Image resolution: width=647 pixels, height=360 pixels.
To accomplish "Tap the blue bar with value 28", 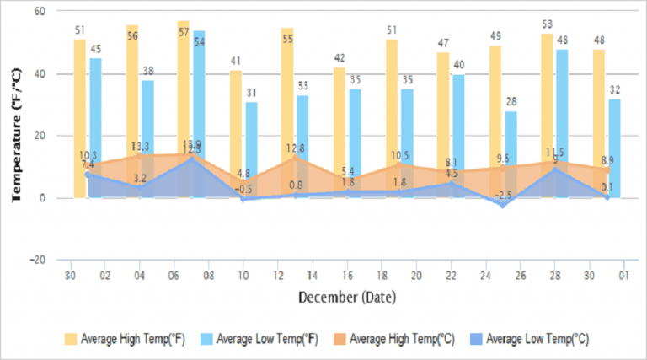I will (511, 152).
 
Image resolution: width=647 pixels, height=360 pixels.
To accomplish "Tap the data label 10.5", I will (398, 155).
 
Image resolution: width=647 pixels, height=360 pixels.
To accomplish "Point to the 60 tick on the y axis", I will (40, 12).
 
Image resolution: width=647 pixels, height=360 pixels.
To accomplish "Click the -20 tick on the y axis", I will (37, 261).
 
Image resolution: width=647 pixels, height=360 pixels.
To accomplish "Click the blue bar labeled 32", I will (615, 148).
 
